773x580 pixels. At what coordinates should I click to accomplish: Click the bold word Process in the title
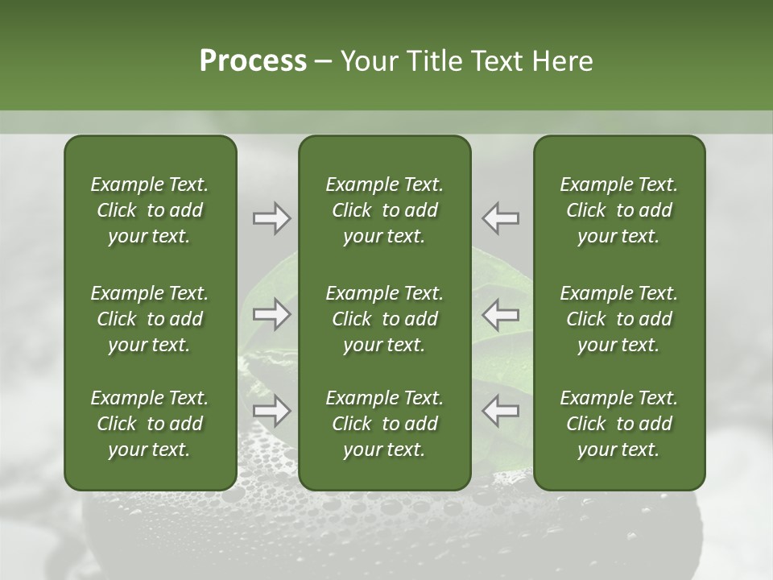coord(253,61)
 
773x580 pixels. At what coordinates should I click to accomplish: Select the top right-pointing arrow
coord(272,218)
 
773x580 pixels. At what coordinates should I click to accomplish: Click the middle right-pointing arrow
coord(272,314)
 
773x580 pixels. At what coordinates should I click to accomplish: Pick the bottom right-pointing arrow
coord(272,411)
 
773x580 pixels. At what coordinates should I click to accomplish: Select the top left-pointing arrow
coord(501,218)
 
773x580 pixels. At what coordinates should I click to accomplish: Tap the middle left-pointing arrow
coord(501,314)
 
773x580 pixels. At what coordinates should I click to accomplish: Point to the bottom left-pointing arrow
coord(501,411)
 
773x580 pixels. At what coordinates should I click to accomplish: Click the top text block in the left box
coord(150,210)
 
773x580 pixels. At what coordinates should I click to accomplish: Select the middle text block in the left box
coord(150,319)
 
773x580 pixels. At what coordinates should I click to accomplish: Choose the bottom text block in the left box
coord(150,424)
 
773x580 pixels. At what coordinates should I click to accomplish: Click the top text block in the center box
coord(385,210)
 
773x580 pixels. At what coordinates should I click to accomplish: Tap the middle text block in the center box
coord(385,319)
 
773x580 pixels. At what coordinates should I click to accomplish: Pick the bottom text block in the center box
coord(385,424)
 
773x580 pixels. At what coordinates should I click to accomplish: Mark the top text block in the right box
coord(619,210)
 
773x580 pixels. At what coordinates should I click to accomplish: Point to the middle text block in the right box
coord(619,319)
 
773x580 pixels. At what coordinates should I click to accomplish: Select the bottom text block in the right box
coord(619,424)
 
